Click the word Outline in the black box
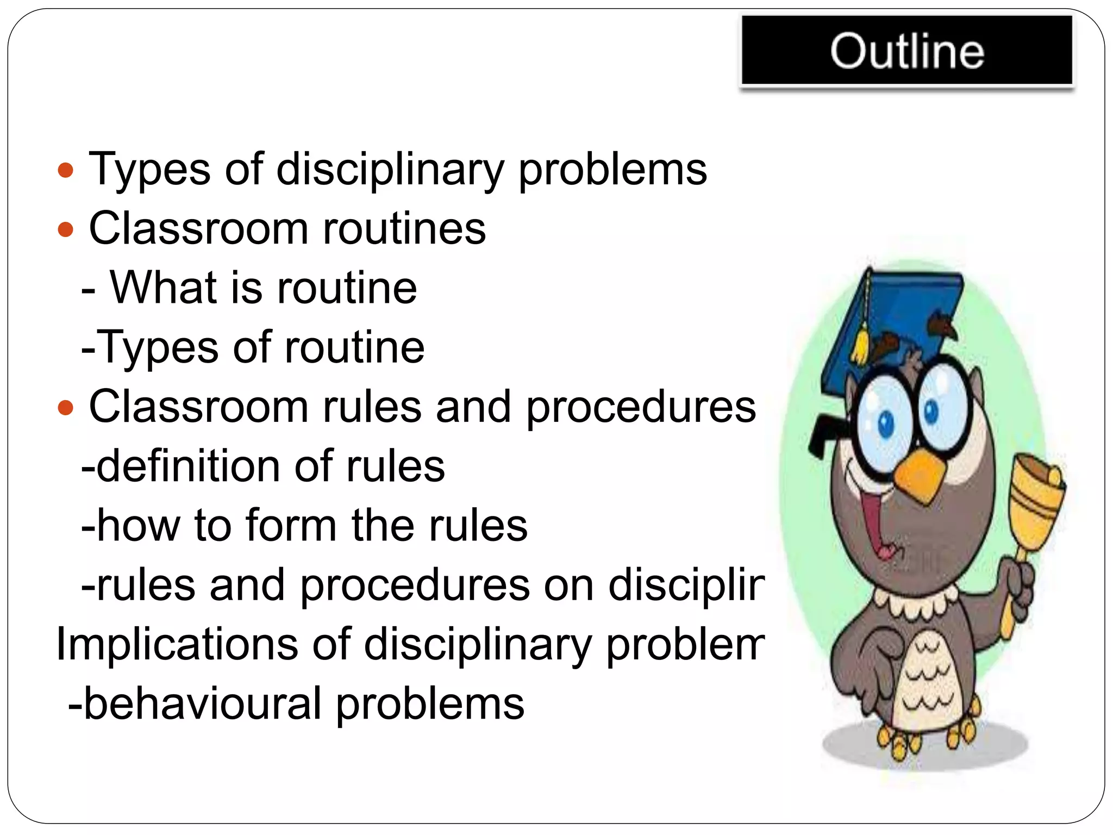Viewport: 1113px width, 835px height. [906, 51]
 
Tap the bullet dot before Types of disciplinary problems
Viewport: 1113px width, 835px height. [65, 171]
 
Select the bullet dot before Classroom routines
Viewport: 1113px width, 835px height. [65, 230]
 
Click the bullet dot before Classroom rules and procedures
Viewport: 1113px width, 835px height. [65, 408]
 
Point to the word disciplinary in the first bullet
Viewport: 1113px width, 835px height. [390, 170]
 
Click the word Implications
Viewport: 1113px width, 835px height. [177, 645]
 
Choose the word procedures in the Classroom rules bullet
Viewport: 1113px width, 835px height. [641, 408]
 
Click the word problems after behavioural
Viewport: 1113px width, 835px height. [429, 704]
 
